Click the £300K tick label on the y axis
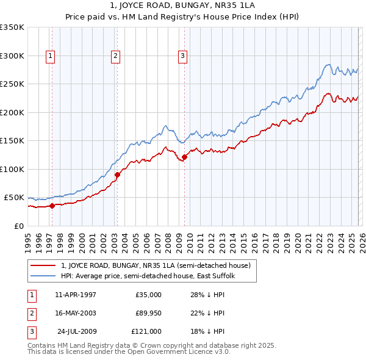coord(12,56)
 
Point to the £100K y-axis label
coord(12,169)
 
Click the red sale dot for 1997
coord(52,206)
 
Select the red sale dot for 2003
coord(117,175)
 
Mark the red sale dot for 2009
coord(184,157)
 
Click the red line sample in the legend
coord(43,265)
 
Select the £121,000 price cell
coord(146,331)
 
